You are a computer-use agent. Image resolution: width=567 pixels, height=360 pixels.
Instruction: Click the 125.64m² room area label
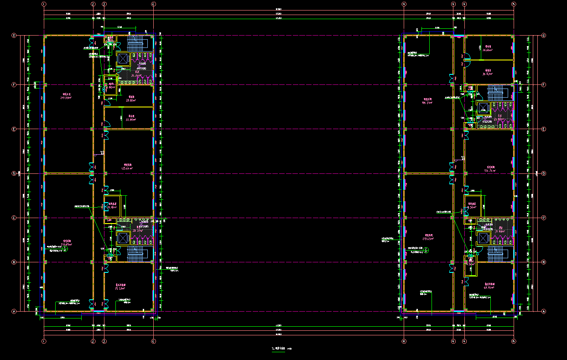tap(127, 168)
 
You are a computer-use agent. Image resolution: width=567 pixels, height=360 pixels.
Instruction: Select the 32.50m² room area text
tap(130, 120)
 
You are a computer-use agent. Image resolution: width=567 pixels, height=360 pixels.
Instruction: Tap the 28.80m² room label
tap(131, 100)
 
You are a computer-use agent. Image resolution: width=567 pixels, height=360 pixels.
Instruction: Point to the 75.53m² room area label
tap(120, 288)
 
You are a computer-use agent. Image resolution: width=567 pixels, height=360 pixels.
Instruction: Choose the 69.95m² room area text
tap(489, 287)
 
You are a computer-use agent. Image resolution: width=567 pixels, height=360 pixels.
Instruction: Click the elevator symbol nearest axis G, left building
tap(123, 58)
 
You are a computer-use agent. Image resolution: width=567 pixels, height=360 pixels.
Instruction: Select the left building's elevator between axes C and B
tap(123, 238)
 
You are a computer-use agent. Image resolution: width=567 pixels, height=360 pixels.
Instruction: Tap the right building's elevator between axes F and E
tap(483, 108)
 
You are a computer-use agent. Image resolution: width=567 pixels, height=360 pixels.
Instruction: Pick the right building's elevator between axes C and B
tap(483, 237)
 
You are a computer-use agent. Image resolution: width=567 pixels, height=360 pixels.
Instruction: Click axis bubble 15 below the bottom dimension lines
tap(513, 341)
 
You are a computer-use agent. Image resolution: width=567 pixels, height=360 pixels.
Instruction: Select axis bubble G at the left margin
tap(14, 35)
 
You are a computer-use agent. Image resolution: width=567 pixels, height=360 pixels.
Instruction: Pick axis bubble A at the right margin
tap(543, 311)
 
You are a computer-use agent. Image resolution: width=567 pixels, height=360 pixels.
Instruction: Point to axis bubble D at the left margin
tap(14, 173)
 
